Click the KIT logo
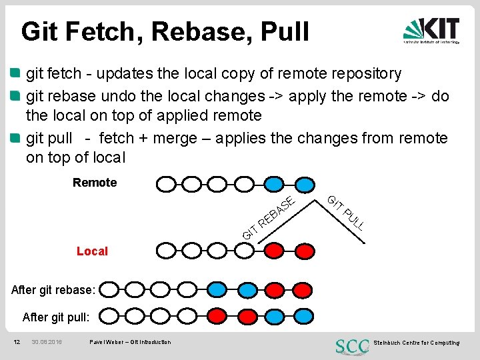(431, 31)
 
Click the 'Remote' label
(94, 183)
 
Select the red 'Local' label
(92, 251)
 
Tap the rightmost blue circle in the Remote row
(303, 183)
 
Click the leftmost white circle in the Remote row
(166, 183)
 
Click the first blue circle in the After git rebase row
(217, 289)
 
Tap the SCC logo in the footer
(351, 345)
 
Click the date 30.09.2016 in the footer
(47, 342)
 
